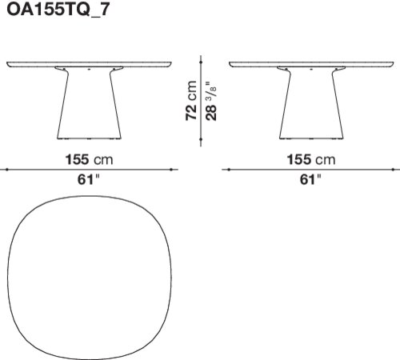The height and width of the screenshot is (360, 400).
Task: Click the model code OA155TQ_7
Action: point(58,10)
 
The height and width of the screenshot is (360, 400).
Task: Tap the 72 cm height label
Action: point(191,101)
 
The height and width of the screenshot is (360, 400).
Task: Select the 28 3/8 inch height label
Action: point(211,101)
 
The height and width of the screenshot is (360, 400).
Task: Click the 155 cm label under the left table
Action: point(89,159)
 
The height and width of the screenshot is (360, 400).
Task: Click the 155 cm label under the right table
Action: point(311,159)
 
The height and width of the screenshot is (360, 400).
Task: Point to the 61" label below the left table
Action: point(88,179)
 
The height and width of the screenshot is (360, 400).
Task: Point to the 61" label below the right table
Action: point(310,179)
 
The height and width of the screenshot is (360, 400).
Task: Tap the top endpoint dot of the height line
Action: point(201,62)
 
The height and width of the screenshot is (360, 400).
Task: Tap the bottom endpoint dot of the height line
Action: point(201,139)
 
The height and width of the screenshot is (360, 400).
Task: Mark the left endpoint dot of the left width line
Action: point(7,170)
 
